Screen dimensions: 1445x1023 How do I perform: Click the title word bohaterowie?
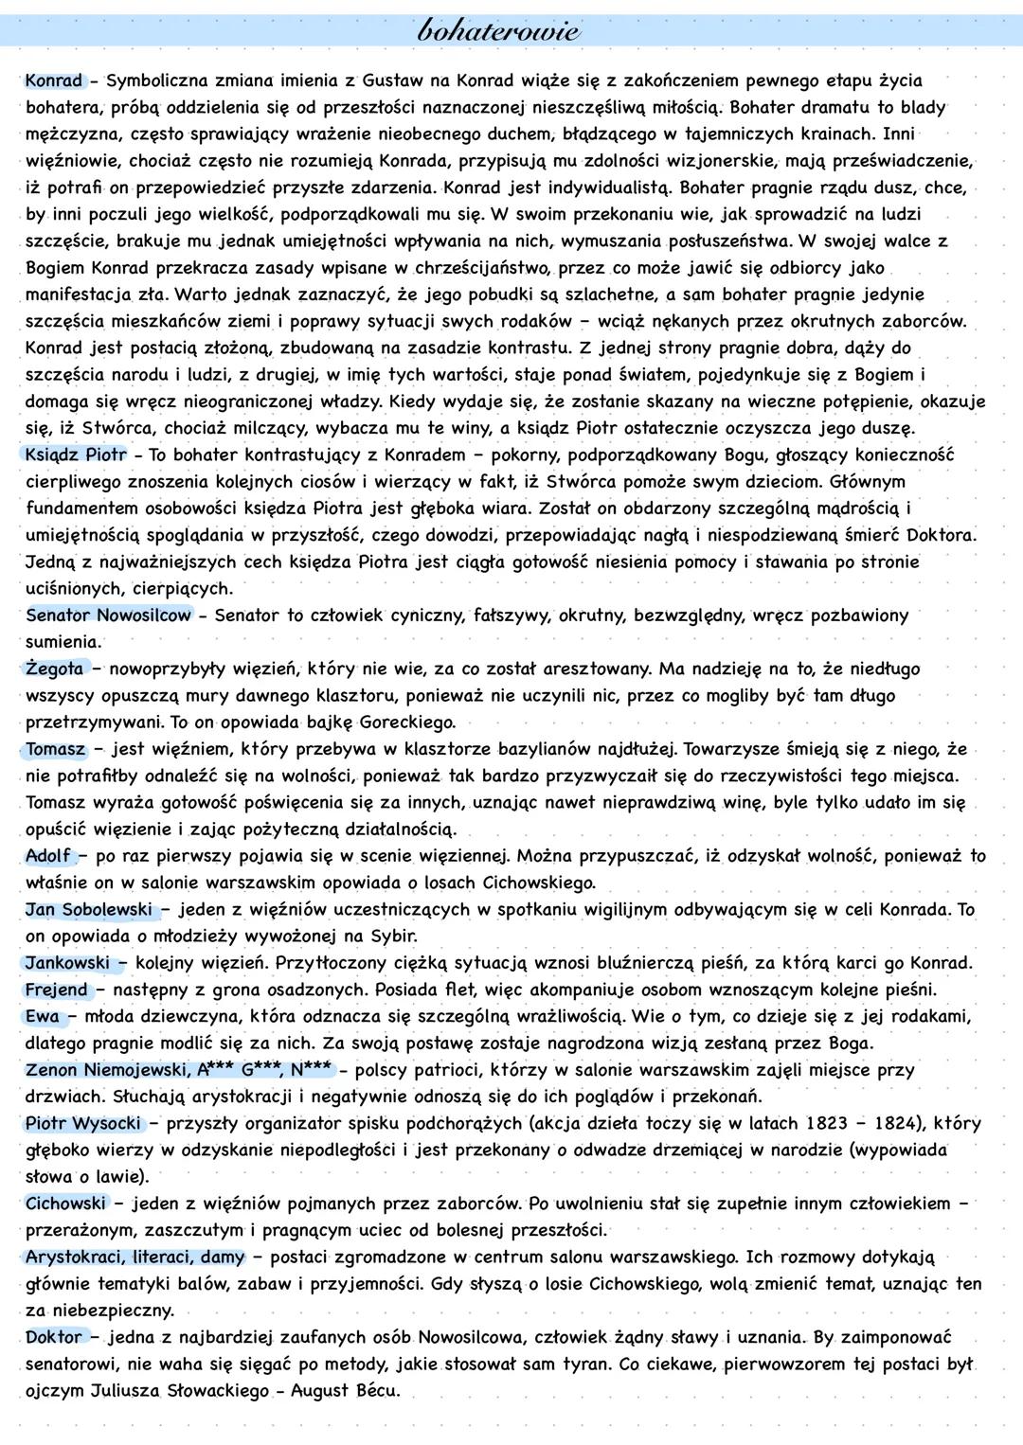point(498,30)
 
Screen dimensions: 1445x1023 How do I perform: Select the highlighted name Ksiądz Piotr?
point(76,455)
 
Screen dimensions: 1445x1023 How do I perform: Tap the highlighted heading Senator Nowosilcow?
point(109,615)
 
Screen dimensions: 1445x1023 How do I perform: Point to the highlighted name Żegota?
point(55,669)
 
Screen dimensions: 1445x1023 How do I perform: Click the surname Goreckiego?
point(408,722)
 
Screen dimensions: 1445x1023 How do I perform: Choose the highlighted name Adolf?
point(48,856)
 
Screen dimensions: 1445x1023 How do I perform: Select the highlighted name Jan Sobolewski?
point(89,910)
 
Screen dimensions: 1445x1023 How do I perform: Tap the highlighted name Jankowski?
point(68,963)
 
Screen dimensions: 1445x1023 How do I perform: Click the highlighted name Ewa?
point(42,1017)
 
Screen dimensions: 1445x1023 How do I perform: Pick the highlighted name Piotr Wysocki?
point(83,1124)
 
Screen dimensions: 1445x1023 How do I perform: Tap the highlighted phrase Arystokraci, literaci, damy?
point(135,1258)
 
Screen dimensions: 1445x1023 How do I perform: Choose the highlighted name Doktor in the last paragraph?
point(55,1338)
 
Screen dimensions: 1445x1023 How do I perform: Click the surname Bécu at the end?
point(377,1391)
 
